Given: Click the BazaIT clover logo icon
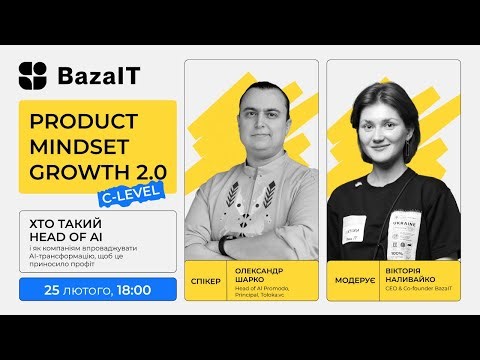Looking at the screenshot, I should tap(33, 76).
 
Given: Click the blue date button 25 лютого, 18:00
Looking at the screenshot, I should tap(98, 290).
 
